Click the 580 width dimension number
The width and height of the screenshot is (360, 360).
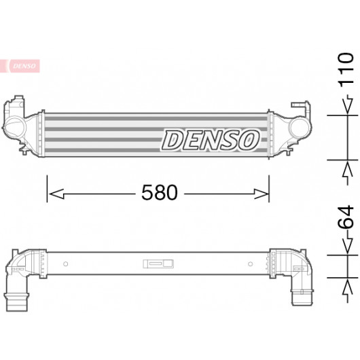click(160, 192)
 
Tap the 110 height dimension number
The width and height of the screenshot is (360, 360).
click(346, 70)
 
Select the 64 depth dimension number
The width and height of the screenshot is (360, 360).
click(346, 217)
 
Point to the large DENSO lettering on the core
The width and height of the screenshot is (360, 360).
click(211, 140)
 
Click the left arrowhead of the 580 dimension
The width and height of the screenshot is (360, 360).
click(56, 194)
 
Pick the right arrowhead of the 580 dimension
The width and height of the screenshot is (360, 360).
click(261, 194)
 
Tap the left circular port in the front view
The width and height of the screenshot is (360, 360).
click(15, 126)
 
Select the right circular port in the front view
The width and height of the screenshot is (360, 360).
click(299, 127)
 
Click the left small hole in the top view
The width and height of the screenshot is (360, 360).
click(65, 264)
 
